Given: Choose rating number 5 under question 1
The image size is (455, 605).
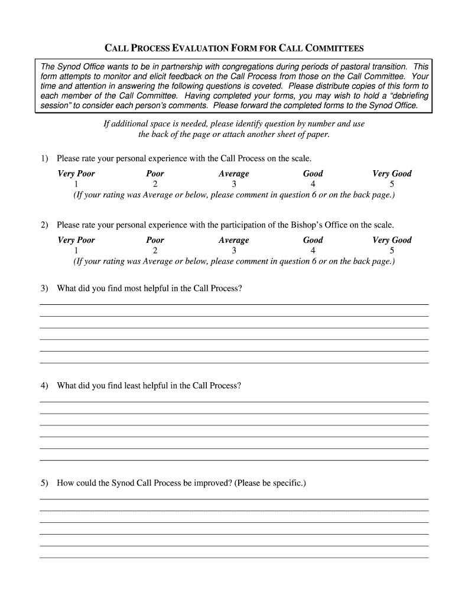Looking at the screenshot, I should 392,184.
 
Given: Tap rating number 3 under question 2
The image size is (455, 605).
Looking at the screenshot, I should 234,250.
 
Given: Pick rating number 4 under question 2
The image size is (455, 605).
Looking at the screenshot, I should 313,250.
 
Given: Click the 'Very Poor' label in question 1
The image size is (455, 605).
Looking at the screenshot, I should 76,174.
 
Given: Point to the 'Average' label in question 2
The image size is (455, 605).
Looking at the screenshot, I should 234,240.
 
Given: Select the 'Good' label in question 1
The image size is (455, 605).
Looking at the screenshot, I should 313,174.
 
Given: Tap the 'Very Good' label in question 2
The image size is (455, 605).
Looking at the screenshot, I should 392,240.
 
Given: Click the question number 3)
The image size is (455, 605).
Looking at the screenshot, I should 44,288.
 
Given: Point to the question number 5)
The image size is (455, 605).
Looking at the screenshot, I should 44,483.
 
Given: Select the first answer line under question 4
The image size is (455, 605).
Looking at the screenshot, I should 234,401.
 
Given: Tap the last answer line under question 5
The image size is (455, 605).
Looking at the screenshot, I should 234,557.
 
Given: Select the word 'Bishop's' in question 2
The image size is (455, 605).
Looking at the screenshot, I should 313,225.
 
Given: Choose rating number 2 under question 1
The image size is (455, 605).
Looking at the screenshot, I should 155,184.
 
